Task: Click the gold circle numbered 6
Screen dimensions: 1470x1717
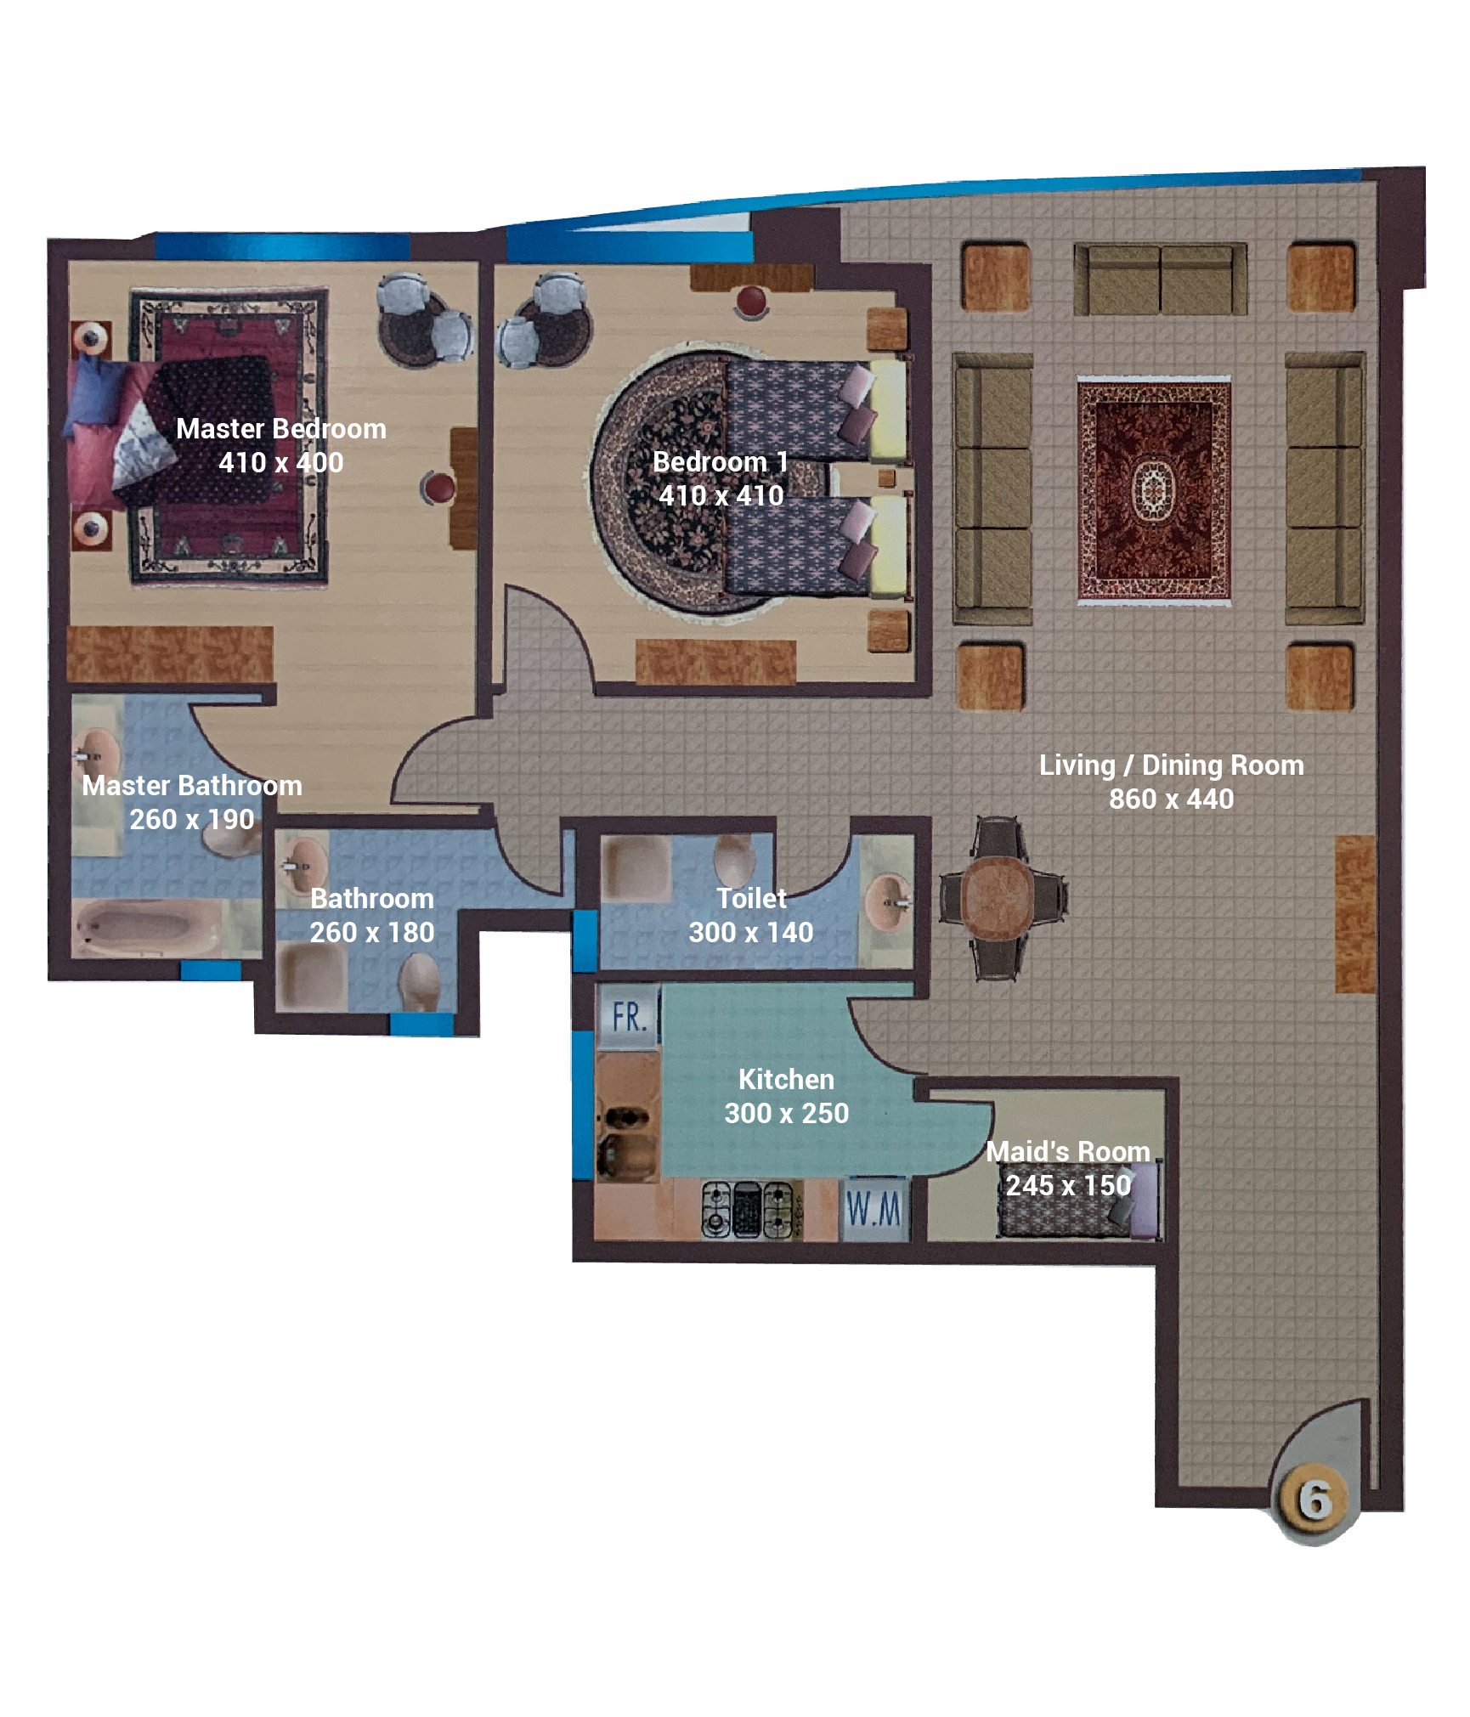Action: click(1314, 1500)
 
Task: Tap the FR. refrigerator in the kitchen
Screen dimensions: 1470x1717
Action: click(629, 1017)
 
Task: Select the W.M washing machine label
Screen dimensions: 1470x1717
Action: click(874, 1209)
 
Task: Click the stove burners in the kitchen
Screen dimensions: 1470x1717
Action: click(748, 1210)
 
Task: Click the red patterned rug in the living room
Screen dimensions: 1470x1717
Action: click(1154, 490)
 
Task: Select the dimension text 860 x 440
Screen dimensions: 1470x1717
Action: click(1171, 799)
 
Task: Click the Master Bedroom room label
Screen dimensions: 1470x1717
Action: click(280, 428)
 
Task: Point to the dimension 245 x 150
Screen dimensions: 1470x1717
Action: click(1068, 1185)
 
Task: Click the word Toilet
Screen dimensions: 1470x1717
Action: click(751, 898)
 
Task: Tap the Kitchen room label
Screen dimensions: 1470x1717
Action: click(786, 1079)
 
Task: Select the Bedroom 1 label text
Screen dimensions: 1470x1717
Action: click(721, 461)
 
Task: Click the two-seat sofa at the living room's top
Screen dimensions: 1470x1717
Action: click(1160, 279)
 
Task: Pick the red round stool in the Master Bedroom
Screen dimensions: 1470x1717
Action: click(438, 489)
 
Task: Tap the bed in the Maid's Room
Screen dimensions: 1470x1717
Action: click(1077, 1199)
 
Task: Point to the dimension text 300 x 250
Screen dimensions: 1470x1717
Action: click(786, 1113)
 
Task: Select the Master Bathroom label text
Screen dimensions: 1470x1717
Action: click(192, 785)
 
